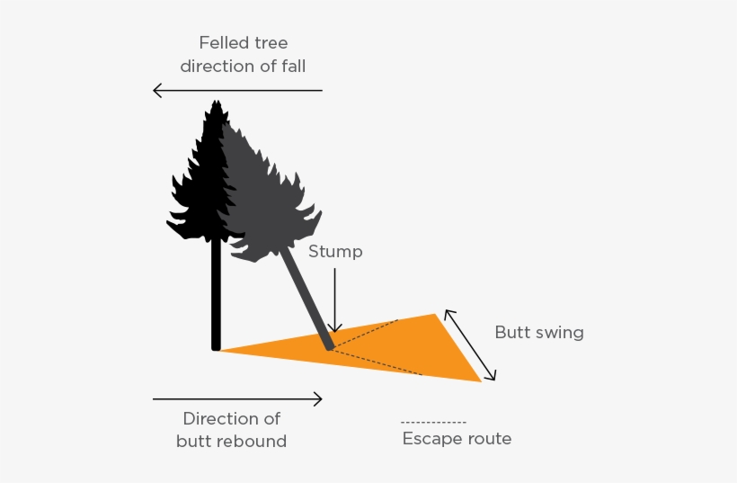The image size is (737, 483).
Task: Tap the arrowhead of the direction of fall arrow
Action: pos(156,90)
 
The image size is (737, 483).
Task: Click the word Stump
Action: pos(335,252)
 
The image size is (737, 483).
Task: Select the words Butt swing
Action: pos(539,333)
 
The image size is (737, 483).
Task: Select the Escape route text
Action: pos(457,439)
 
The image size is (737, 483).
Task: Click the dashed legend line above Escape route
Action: pos(433,423)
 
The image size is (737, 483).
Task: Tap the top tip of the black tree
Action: pos(215,103)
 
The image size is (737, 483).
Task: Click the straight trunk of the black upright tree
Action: pos(216,297)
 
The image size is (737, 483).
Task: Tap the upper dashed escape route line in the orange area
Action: pos(368,335)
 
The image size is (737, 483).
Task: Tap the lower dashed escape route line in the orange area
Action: pos(377,362)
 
